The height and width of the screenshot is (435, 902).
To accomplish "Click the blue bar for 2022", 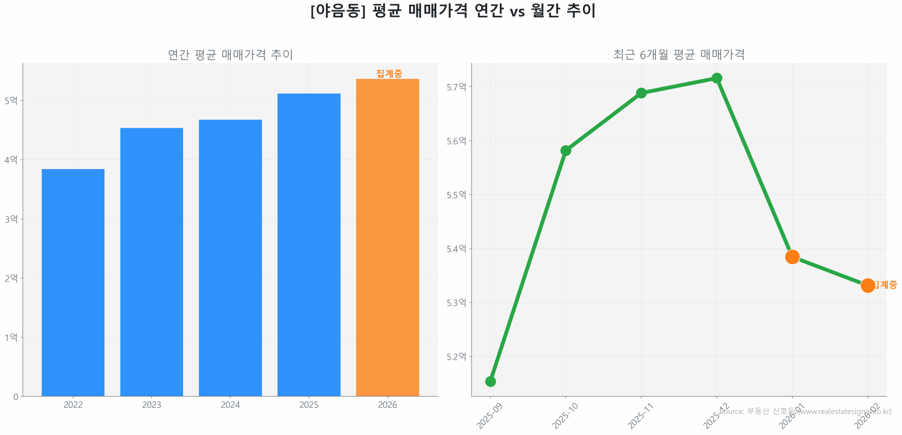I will pos(73,282).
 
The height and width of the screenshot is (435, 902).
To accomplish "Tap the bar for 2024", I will pos(230,257).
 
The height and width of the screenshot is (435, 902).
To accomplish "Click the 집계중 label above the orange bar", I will pos(389,73).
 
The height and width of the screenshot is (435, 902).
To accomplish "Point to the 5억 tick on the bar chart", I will pos(11,101).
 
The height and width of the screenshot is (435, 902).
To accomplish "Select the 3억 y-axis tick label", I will pos(11,219).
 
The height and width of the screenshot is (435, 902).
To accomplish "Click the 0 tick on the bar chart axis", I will pos(16,397).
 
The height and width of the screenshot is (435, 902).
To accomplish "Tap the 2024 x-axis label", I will pos(230,405).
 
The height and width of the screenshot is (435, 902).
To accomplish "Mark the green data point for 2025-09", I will pos(490,381).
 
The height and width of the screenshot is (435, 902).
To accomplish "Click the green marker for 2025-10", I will pos(566,150).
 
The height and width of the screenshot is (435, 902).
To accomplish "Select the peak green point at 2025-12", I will pos(716,78).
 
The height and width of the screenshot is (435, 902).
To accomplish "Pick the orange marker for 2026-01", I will pos(792,257).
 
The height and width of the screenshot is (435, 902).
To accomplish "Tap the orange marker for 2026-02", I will pos(867,285).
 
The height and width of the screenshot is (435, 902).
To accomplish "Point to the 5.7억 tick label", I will pos(456,87).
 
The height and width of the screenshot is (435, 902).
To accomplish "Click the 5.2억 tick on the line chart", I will pos(456,357).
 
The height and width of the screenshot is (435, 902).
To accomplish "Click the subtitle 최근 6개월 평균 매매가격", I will pos(679,55).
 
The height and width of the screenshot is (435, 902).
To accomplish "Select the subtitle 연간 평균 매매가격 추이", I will pos(230,55).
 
